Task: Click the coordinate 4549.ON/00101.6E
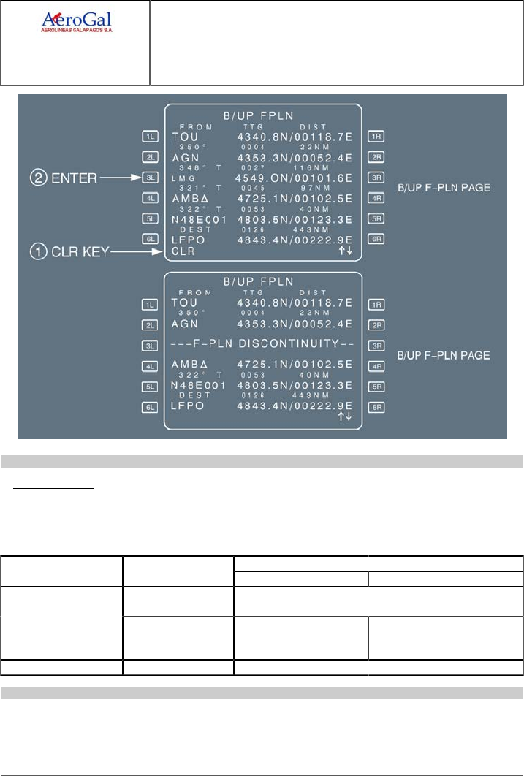pos(294,177)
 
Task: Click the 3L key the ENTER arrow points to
pos(150,177)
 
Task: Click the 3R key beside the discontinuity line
pos(376,344)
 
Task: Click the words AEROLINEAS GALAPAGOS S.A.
pos(76,31)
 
